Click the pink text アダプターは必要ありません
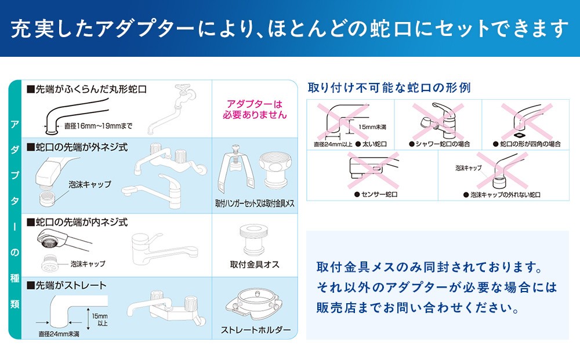255,110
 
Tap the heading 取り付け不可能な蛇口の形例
389,88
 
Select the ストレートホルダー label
256,330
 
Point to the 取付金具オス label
255,265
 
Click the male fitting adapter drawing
254,239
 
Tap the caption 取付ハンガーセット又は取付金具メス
255,203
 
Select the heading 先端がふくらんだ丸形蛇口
87,89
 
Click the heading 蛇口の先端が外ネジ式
77,147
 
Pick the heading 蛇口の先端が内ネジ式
77,223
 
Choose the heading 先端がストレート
67,286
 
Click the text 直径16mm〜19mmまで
99,126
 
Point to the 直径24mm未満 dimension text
59,334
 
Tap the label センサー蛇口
376,194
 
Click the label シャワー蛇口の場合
440,144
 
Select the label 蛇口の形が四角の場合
527,144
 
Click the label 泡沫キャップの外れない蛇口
502,195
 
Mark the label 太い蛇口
371,144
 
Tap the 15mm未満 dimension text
372,127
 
